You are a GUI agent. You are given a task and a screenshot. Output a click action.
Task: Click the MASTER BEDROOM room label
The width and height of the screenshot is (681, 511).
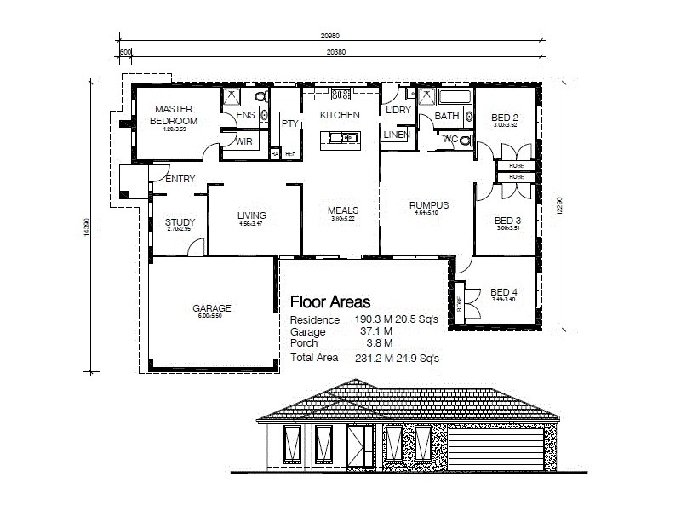[x=174, y=115]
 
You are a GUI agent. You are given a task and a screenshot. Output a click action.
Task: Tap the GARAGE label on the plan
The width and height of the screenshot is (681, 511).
[x=212, y=308]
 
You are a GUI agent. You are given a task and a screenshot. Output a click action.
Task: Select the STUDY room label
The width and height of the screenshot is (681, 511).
[x=180, y=223]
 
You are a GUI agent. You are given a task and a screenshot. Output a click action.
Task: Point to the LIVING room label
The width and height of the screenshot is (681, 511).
[x=252, y=215]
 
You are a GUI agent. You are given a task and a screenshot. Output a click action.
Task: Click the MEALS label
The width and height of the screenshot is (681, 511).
[x=342, y=210]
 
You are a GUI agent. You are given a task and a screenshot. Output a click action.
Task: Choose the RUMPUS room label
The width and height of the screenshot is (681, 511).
[x=428, y=205]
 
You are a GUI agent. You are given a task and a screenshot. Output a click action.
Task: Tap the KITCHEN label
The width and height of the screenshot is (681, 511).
[x=340, y=115]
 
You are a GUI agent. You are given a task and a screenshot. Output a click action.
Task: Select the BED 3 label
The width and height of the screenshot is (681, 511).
[x=507, y=221]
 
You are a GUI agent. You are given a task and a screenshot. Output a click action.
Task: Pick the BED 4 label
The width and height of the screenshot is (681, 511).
[x=504, y=291]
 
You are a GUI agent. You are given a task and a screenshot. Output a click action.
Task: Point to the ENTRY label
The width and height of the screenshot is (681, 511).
[x=180, y=179]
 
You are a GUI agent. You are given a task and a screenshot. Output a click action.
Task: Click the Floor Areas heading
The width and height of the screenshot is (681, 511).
[x=330, y=301]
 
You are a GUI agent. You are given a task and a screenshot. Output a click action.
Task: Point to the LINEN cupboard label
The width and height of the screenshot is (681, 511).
[x=397, y=135]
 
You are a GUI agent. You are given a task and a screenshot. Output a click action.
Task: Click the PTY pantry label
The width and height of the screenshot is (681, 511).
[x=289, y=123]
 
